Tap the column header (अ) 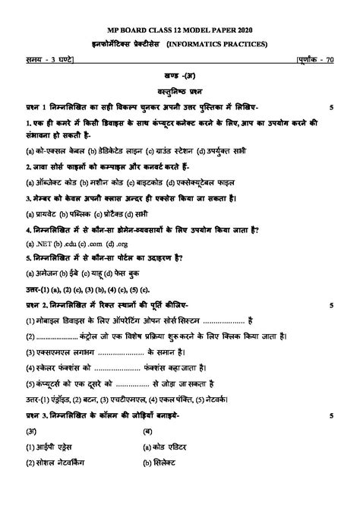point(33,431)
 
